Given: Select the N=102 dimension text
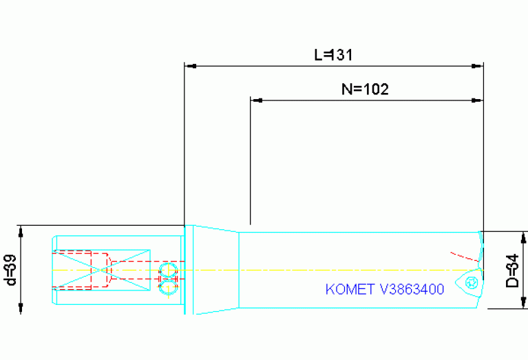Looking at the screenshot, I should pos(366,89).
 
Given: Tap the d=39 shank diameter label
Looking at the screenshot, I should pos(10,270).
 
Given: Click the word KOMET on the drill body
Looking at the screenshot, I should pos(346,289).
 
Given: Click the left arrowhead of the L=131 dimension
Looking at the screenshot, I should pos(191,67).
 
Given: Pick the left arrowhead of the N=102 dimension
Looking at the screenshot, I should pos(257,100).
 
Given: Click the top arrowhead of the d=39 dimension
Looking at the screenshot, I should pos(21,231).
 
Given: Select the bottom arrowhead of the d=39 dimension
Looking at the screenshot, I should pos(21,309).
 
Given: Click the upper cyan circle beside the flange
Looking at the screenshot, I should pos(167,268).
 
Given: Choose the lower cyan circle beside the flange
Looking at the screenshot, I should pos(167,288).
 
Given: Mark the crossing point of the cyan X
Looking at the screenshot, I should pos(102,270).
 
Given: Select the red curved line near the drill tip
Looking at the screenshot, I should pos(463,254).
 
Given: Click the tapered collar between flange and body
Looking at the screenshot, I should pos(215,270).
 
